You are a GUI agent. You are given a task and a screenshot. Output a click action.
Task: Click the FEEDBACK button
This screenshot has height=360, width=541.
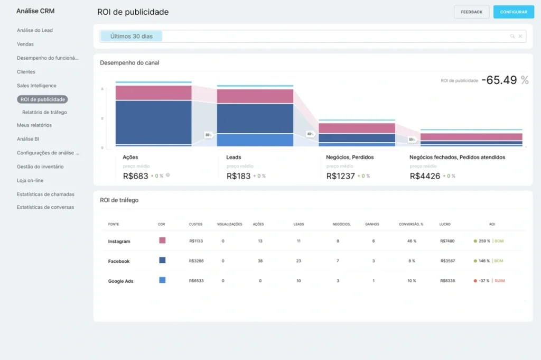pos(471,12)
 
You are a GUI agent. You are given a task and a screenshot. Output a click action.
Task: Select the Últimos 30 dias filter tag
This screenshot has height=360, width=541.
pos(132,36)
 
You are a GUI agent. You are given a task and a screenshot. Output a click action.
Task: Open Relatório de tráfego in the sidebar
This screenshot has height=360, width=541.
pos(44,112)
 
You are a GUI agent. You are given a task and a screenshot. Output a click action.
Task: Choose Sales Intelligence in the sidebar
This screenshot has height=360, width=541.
pos(36,86)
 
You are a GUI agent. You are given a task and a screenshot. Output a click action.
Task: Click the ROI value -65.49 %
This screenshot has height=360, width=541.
pos(505,80)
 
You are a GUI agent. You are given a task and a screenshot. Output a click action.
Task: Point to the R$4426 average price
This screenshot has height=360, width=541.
pos(425,176)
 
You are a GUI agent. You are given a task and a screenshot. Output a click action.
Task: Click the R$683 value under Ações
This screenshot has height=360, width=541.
pos(136,176)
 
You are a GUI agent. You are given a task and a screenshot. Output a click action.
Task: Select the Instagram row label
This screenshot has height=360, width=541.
pos(119,242)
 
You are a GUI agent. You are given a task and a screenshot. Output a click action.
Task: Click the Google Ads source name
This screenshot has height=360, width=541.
pos(120,281)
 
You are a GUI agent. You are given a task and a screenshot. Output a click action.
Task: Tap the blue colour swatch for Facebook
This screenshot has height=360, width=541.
pos(162,260)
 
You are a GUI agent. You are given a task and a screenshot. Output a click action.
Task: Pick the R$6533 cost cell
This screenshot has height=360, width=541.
pos(196,281)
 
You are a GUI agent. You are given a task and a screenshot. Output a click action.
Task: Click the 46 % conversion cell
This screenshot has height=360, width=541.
pos(412,241)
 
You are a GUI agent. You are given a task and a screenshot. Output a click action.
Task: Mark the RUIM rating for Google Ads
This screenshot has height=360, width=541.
pos(500,281)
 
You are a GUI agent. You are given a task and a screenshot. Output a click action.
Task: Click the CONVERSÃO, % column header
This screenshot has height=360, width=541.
pos(411,224)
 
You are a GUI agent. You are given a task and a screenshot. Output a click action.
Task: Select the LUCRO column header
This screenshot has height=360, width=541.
pos(444,224)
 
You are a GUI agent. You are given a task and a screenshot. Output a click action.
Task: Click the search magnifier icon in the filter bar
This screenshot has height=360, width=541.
pos(512,36)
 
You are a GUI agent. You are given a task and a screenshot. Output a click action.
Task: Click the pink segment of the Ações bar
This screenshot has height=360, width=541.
pos(153,93)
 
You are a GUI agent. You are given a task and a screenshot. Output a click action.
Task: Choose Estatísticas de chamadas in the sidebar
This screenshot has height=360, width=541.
pos(45,194)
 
